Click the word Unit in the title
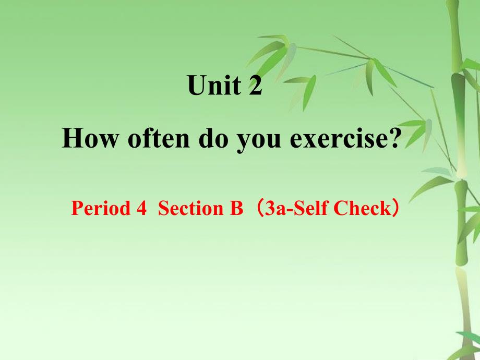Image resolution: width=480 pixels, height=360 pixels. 214,85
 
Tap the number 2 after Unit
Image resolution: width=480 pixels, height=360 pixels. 256,85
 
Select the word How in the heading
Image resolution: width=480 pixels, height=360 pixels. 90,138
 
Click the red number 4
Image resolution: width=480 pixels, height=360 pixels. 141,208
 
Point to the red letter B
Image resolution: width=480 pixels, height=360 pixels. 235,208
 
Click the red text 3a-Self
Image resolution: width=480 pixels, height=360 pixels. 296,208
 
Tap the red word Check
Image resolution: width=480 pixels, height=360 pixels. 361,208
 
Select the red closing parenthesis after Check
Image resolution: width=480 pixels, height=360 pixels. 395,208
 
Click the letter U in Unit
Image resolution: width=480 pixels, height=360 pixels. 196,85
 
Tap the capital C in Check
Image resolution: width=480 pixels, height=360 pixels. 340,208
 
